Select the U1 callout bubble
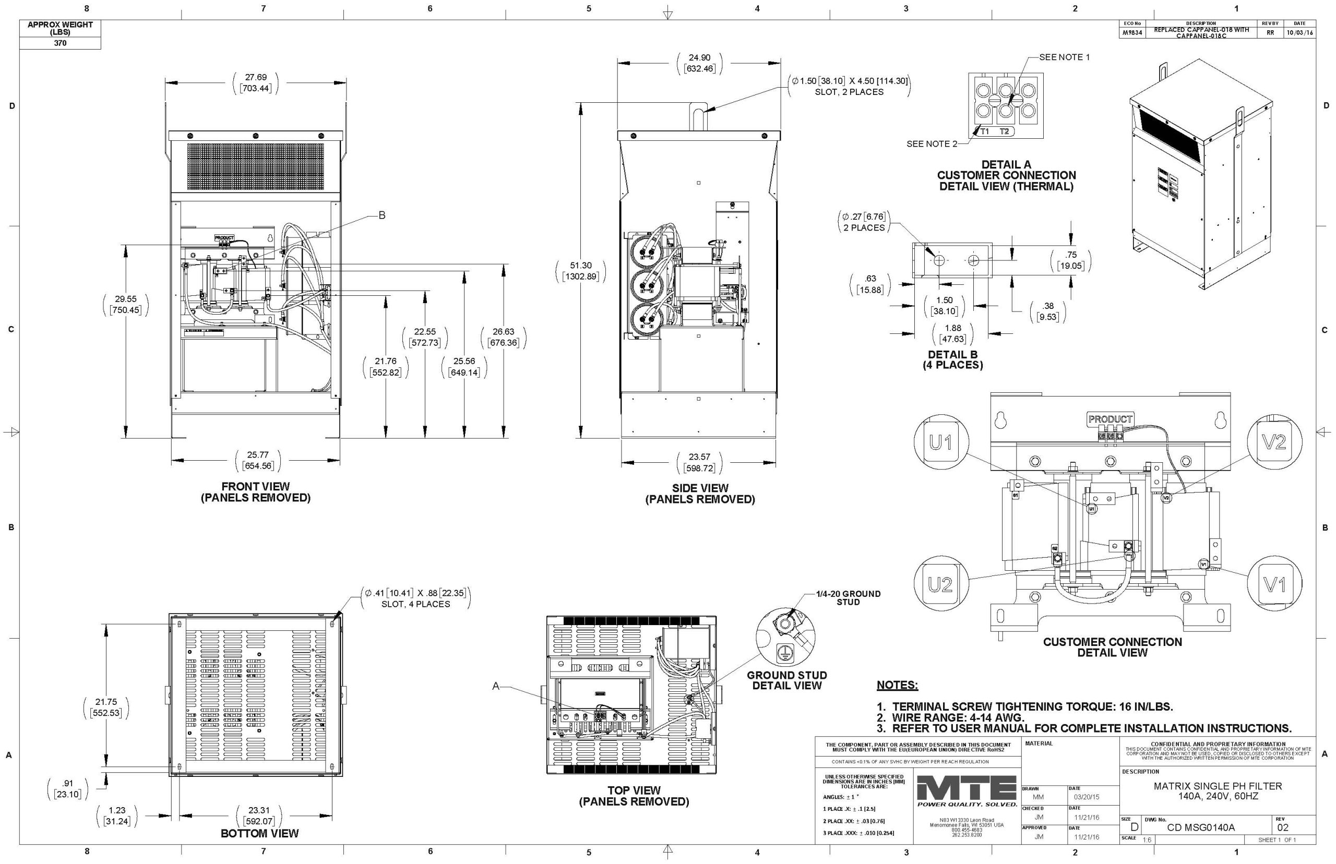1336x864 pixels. pyautogui.click(x=940, y=442)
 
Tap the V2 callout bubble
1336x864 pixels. pyautogui.click(x=1274, y=442)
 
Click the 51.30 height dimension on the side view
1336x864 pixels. pyautogui.click(x=580, y=270)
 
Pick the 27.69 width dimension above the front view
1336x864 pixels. pyautogui.click(x=255, y=83)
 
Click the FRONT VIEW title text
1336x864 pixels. pyautogui.click(x=255, y=486)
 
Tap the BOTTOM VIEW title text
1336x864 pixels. pyautogui.click(x=259, y=833)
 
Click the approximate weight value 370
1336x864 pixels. pyautogui.click(x=60, y=43)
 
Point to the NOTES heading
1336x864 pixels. pyautogui.click(x=897, y=685)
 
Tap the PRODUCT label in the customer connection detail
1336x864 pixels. pyautogui.click(x=1110, y=419)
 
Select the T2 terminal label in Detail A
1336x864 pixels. pyautogui.click(x=1004, y=132)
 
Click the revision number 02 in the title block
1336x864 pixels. pyautogui.click(x=1283, y=827)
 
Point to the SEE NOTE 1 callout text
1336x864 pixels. pyautogui.click(x=1064, y=57)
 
